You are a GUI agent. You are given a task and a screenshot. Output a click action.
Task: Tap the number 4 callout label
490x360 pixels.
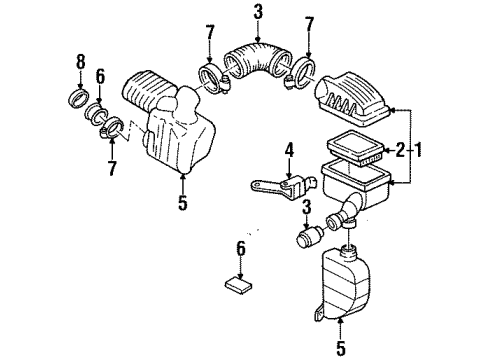pos(290,153)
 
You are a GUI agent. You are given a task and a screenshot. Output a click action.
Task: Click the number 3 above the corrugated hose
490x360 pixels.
pos(258,12)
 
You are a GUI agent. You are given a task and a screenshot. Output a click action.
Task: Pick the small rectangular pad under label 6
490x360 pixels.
pos(240,282)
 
